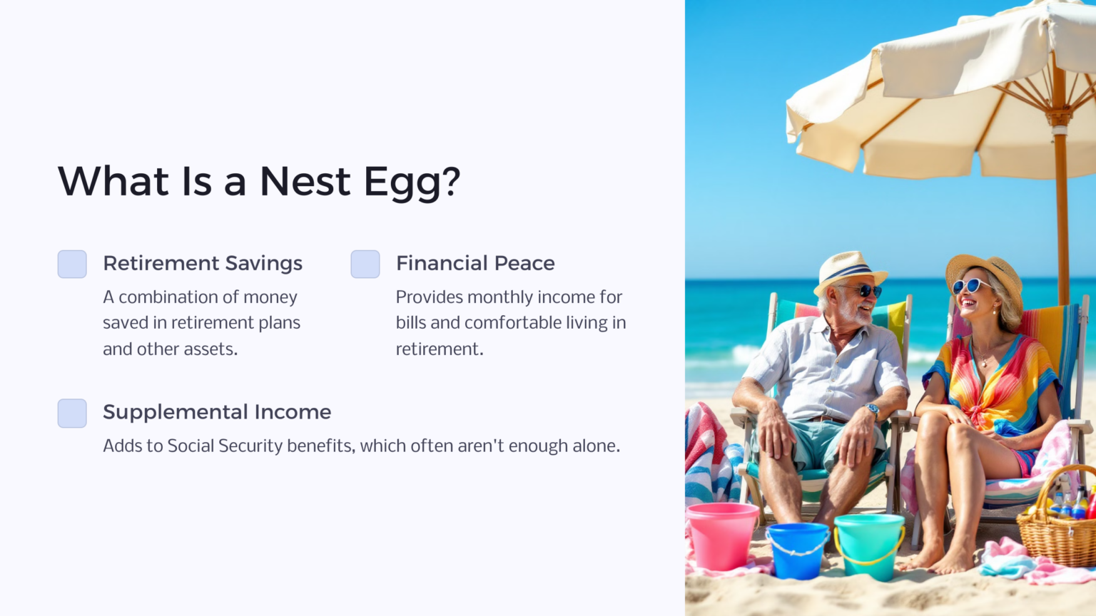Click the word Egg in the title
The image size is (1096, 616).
tap(402, 183)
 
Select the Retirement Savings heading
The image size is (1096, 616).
tap(203, 263)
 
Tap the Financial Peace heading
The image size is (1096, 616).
tap(475, 263)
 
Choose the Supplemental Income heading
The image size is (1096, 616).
tap(217, 412)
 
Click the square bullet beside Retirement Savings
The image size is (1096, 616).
tap(72, 264)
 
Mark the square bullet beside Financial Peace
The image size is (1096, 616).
tap(365, 264)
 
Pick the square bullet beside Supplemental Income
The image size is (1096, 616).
tap(72, 414)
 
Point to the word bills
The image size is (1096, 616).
tap(411, 323)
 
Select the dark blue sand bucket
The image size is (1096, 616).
tap(797, 550)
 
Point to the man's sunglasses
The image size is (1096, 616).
tap(865, 290)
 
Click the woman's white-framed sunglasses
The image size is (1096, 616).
tap(970, 286)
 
